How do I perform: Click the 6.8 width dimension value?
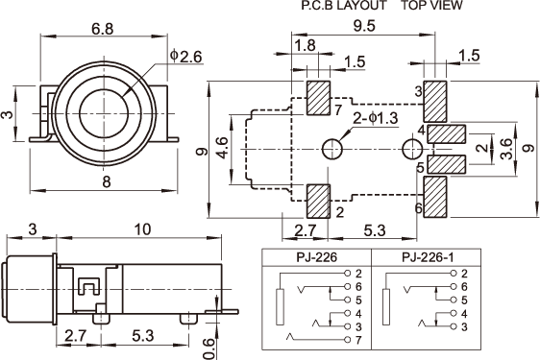(x=102, y=29)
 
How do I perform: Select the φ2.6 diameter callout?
(x=186, y=57)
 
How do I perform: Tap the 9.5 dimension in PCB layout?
(x=364, y=26)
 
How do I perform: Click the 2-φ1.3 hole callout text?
(x=376, y=118)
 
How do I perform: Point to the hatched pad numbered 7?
(x=319, y=98)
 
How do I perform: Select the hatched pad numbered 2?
(x=319, y=202)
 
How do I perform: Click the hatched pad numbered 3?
(x=435, y=102)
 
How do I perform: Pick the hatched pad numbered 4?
(x=447, y=133)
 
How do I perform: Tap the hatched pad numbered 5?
(x=447, y=164)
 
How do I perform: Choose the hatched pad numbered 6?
(x=435, y=197)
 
